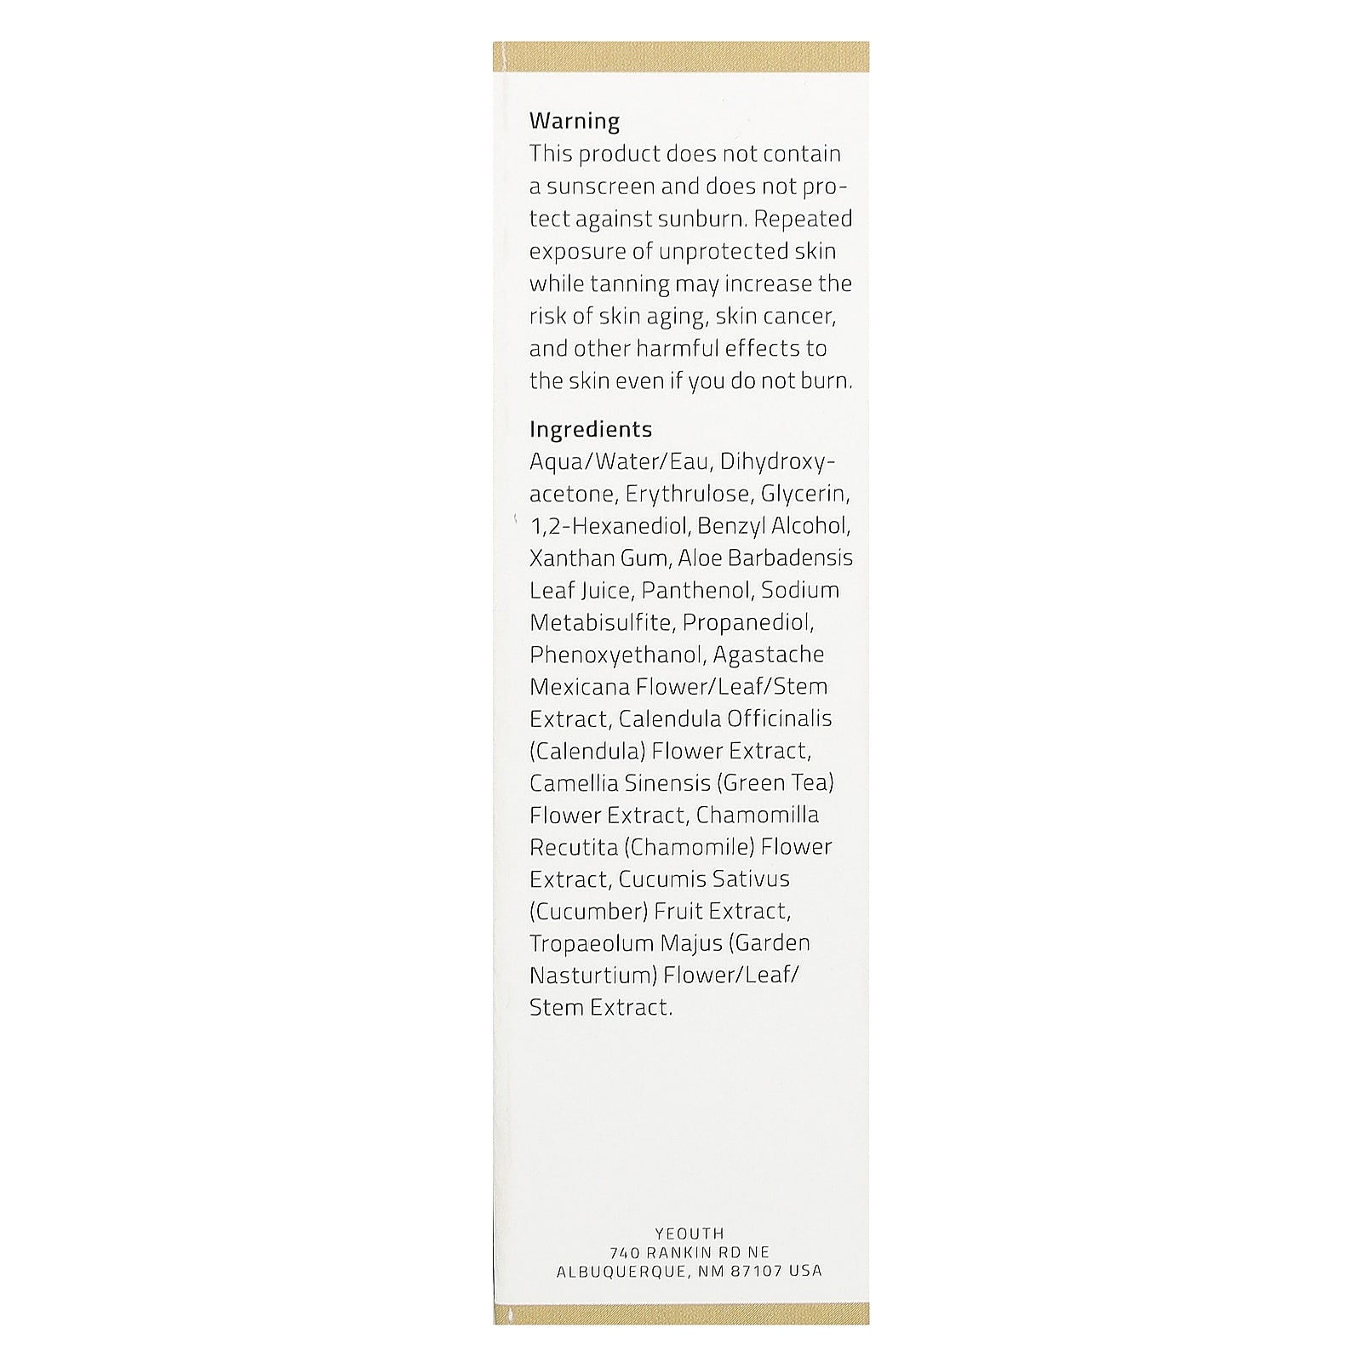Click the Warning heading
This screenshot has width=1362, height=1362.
pyautogui.click(x=575, y=121)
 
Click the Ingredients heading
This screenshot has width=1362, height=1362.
pyautogui.click(x=591, y=429)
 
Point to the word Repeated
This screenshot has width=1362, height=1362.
pyautogui.click(x=804, y=219)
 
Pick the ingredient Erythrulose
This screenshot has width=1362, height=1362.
pyautogui.click(x=689, y=494)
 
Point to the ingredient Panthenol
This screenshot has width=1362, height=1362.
pyautogui.click(x=697, y=590)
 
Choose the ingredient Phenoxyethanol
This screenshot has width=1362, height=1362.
pyautogui.click(x=616, y=655)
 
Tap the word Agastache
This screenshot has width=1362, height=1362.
pyautogui.click(x=769, y=655)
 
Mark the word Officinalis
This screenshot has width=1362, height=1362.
pyautogui.click(x=779, y=718)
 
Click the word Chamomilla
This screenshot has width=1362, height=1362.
pyautogui.click(x=758, y=815)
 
